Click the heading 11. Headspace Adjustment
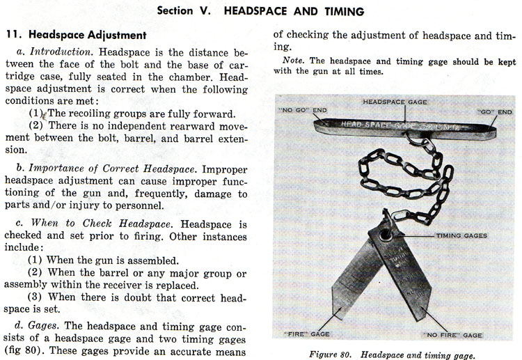76,34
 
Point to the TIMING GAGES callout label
461,235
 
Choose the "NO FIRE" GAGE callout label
454,335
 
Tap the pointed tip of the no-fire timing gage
420,319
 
